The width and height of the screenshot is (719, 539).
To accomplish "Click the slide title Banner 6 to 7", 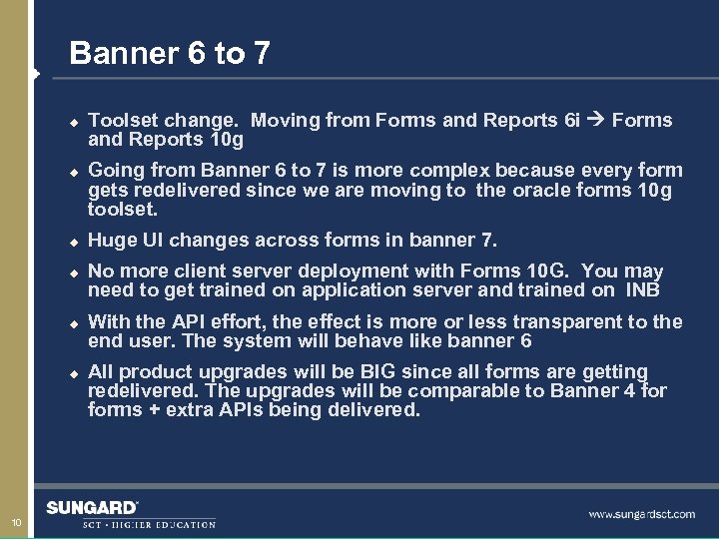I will click(170, 53).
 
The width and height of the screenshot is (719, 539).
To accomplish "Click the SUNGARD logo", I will click(92, 508).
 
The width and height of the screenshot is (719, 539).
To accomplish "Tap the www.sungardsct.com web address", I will click(641, 514).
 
